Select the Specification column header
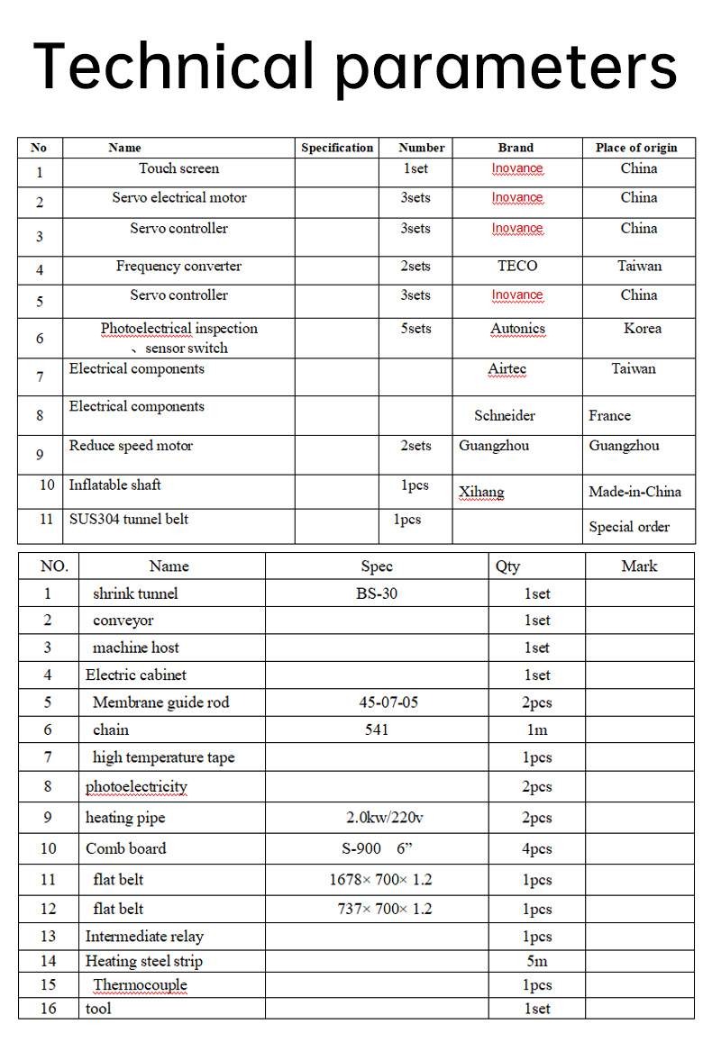pyautogui.click(x=337, y=148)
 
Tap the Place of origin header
pyautogui.click(x=636, y=148)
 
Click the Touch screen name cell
pyautogui.click(x=178, y=168)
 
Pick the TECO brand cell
pyautogui.click(x=517, y=266)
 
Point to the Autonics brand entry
pyautogui.click(x=517, y=329)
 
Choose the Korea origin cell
pyautogui.click(x=642, y=329)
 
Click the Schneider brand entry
pyautogui.click(x=505, y=415)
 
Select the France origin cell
pyautogui.click(x=610, y=415)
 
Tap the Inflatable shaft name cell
pyautogui.click(x=115, y=485)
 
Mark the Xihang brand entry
pyautogui.click(x=481, y=492)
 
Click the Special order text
pyautogui.click(x=629, y=527)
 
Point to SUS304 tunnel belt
pyautogui.click(x=129, y=519)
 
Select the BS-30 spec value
pyautogui.click(x=377, y=593)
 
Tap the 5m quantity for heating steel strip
pyautogui.click(x=537, y=961)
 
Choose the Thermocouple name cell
pyautogui.click(x=140, y=984)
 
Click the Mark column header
pyautogui.click(x=639, y=566)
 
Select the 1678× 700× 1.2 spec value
pyautogui.click(x=380, y=880)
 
